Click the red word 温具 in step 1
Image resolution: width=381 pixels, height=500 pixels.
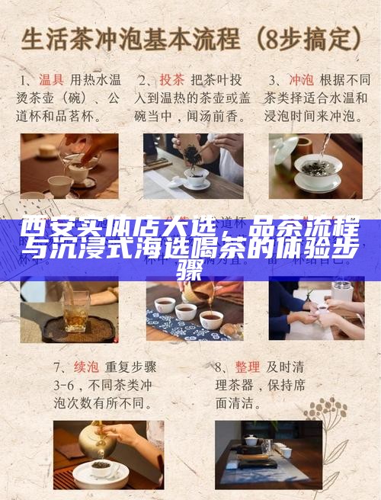pos(51,79)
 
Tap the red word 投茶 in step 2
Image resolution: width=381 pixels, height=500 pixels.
pos(171,79)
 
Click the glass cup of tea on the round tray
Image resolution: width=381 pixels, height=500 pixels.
pos(75,312)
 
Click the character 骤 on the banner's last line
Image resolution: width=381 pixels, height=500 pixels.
pos(190,268)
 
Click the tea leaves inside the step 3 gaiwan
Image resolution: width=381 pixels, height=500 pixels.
pos(315,167)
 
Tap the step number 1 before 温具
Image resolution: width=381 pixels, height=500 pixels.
pos(24,79)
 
